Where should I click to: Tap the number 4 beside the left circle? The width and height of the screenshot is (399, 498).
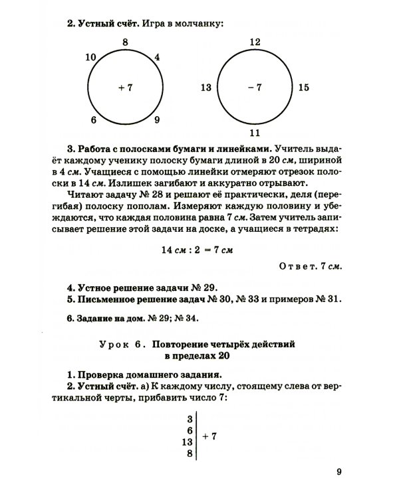tap(157, 57)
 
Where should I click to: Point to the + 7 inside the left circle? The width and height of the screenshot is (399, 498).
tap(125, 87)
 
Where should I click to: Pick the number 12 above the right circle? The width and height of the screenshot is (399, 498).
tap(255, 42)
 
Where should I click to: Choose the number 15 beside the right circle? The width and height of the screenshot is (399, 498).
tap(303, 87)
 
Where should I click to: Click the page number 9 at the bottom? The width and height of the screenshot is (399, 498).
tap(338, 472)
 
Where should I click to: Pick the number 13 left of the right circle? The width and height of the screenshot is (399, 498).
tap(205, 87)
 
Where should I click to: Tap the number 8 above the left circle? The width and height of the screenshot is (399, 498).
tap(124, 42)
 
